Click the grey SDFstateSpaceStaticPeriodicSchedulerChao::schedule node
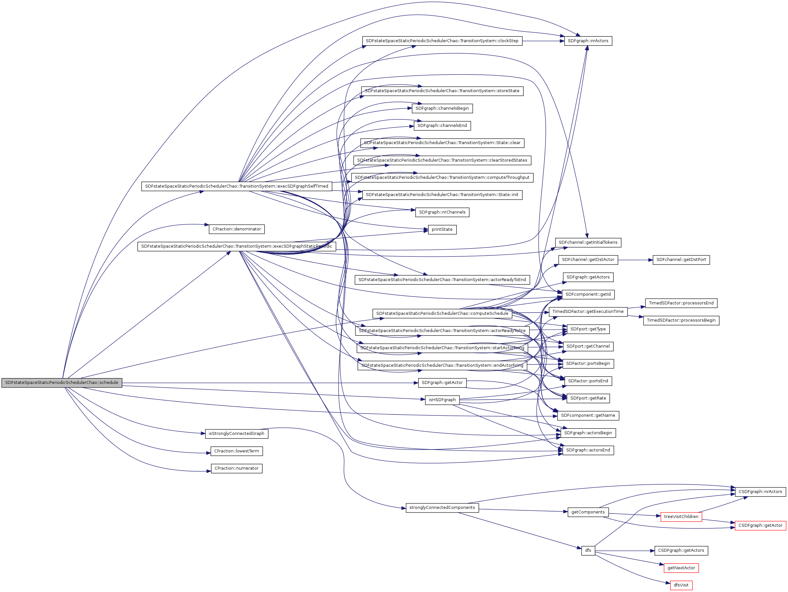(62, 383)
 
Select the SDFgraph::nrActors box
(588, 41)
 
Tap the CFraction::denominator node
(237, 229)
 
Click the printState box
(442, 229)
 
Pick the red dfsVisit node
(681, 585)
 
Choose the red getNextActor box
(681, 568)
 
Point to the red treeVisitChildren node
(681, 516)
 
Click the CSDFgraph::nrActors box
(760, 492)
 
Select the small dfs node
(588, 550)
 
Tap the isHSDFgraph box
(442, 400)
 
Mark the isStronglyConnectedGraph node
(237, 434)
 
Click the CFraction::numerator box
(237, 468)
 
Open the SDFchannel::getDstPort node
(681, 260)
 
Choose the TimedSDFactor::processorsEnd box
(681, 303)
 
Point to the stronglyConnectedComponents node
(442, 508)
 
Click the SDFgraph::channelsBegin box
(442, 108)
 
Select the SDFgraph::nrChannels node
(442, 212)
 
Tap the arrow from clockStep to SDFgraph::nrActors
(543, 41)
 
